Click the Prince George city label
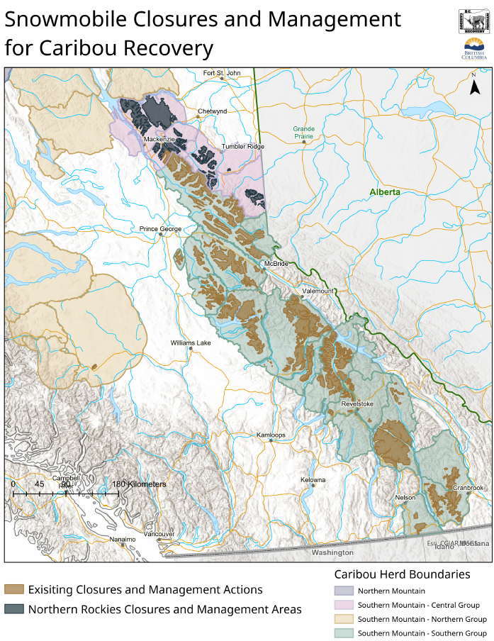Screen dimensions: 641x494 160,229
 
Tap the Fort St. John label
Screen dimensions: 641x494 222,73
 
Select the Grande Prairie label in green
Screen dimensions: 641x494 304,133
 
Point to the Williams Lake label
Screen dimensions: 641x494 191,343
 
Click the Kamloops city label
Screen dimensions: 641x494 271,435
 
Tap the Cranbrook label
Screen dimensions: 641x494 467,488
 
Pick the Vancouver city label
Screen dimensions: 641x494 160,534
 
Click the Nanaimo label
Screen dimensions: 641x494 122,540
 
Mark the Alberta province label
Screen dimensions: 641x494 385,192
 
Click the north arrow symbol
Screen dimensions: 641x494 475,87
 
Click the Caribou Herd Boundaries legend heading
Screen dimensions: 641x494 402,574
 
